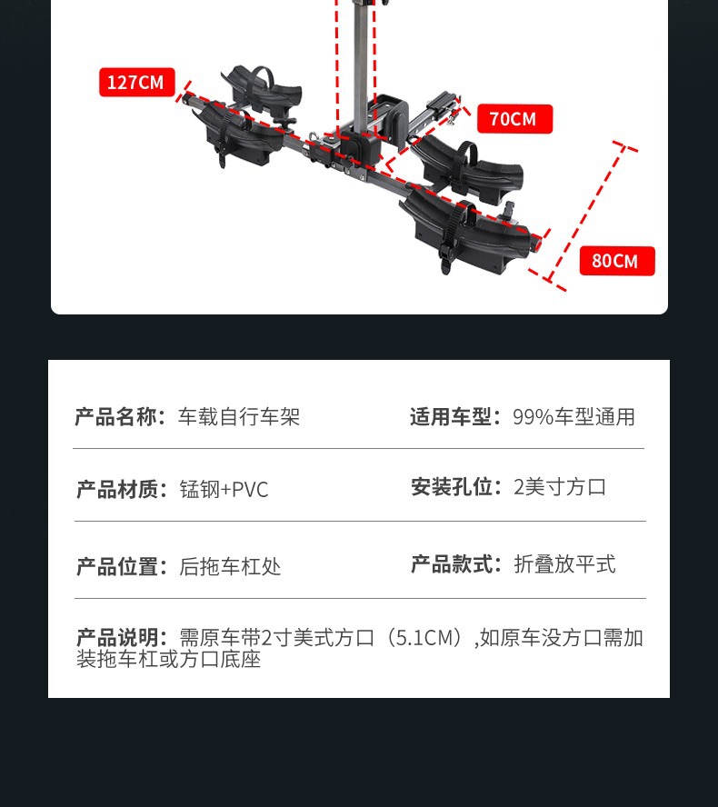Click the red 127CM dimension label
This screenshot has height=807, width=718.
coord(136,83)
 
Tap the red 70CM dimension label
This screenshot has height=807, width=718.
coord(514,119)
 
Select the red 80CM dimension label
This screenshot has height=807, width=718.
coord(616,261)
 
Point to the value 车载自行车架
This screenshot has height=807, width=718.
coord(239,417)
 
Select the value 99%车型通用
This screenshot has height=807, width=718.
coord(573,417)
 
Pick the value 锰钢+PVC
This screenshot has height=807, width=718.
coord(224,490)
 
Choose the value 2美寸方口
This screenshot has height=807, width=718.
coord(560,487)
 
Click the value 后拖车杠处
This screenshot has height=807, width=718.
coord(230,567)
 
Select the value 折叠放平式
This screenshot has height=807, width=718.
coord(564,564)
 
